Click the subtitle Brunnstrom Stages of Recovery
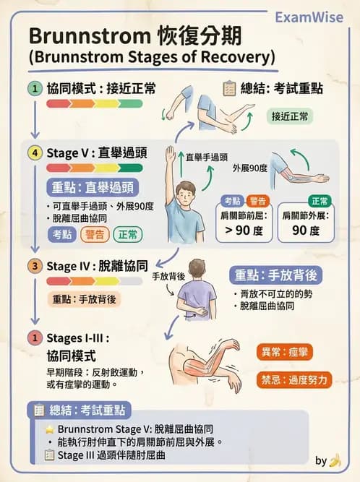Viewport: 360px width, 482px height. coord(152,56)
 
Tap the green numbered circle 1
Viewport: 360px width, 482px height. coord(33,88)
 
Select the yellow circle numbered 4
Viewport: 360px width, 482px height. coord(33,153)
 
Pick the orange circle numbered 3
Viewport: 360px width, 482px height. coord(33,266)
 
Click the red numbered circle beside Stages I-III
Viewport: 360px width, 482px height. coord(33,337)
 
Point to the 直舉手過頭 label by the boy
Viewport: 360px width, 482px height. coord(205,156)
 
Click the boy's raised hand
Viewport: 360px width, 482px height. coord(171,152)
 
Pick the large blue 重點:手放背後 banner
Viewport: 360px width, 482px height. coord(276,275)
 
